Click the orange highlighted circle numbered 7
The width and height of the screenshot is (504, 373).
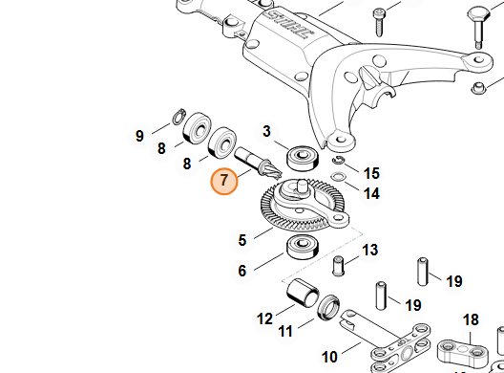coord(224,180)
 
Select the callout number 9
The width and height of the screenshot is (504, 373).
coord(139,136)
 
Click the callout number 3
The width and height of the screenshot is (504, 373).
coord(267,131)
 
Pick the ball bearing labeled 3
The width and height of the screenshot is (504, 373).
coord(307,155)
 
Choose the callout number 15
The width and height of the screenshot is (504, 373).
coord(371,173)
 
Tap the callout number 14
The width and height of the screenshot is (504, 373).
coord(371,193)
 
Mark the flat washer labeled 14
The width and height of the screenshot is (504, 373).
coord(339,177)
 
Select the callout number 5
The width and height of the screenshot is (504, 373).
coord(242,239)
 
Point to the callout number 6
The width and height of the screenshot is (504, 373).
coord(242,271)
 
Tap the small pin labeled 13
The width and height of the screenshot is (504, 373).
coord(338,263)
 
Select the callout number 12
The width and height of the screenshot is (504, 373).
coord(264,318)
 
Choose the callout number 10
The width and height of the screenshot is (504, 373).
coord(329,357)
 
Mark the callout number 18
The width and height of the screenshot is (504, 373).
coord(471,319)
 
